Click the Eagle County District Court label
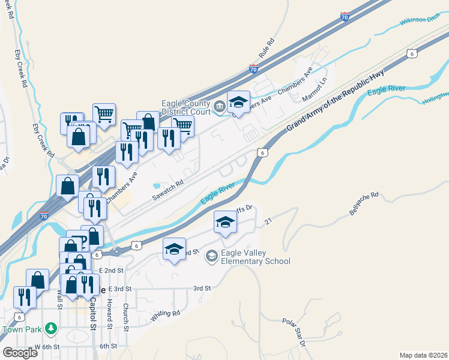coord(185,107)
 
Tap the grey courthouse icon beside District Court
coord(220,108)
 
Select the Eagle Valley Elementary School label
coord(256,257)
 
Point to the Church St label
coord(125,316)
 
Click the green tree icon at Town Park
coord(52,328)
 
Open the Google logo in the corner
coord(20,353)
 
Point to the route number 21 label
coord(268,221)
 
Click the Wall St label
coord(59,298)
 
